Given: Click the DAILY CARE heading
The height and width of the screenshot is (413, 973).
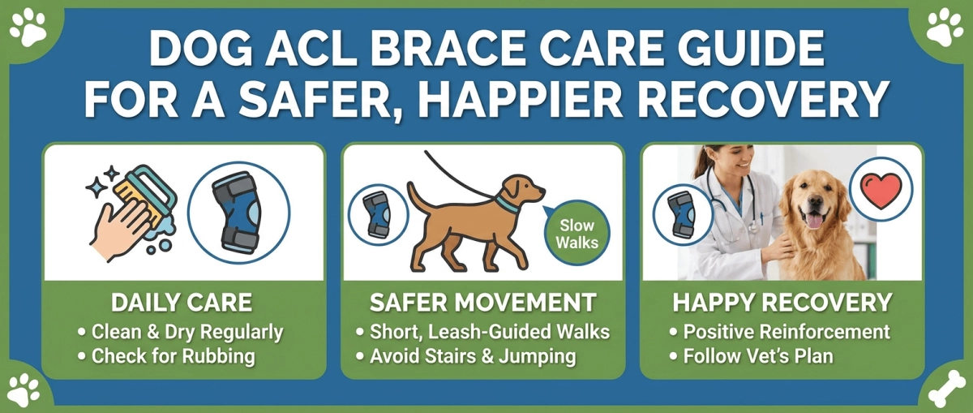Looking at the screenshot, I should [181, 303].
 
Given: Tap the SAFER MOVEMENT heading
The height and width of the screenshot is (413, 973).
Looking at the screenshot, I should [482, 303].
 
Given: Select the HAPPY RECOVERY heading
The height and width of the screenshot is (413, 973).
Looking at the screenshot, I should [782, 303].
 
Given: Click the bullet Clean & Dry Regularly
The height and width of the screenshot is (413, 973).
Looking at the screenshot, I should [186, 332].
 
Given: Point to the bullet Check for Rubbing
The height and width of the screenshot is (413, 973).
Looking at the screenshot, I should [173, 356].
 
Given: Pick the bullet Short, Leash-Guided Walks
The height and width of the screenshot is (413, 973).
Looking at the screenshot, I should [487, 332].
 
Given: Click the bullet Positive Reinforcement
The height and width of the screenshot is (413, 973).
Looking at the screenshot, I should [785, 332].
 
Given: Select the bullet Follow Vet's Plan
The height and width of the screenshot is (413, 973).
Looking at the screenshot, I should [757, 356].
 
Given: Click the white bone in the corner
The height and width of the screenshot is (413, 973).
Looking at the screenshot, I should [944, 388].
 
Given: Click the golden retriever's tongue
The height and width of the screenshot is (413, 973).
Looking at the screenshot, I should [814, 221].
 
